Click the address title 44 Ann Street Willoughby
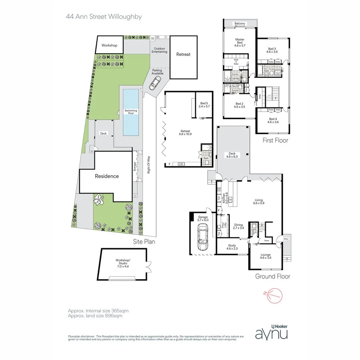pyautogui.click(x=104, y=17)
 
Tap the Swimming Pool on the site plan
pyautogui.click(x=130, y=112)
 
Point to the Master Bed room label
pyautogui.click(x=240, y=42)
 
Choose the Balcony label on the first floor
pyautogui.click(x=240, y=24)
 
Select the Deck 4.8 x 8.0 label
pyautogui.click(x=233, y=155)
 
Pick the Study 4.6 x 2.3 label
pyautogui.click(x=232, y=247)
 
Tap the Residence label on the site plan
pyautogui.click(x=106, y=176)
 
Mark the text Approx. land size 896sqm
pyautogui.click(x=95, y=316)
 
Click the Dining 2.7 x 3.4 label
pyautogui.click(x=238, y=226)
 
